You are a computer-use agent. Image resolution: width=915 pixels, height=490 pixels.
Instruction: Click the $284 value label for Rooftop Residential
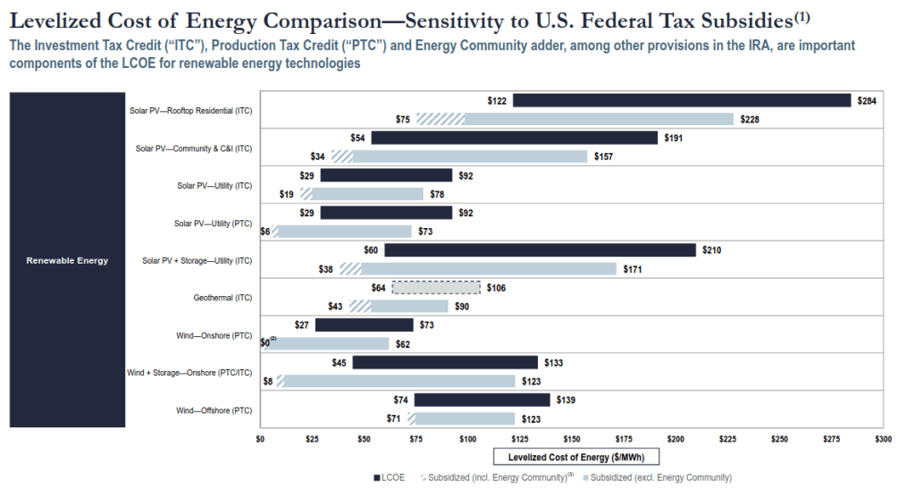tap(867, 101)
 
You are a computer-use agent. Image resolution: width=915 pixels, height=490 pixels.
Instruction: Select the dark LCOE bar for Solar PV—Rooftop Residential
tap(681, 100)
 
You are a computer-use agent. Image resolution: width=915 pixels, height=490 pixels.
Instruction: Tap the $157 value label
tap(605, 156)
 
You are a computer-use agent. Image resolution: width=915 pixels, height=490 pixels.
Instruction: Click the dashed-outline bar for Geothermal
tap(436, 288)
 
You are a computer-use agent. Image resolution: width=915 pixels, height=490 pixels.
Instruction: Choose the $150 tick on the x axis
tap(572, 440)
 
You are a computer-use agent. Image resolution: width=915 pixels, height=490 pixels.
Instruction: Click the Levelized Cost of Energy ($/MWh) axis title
tap(572, 458)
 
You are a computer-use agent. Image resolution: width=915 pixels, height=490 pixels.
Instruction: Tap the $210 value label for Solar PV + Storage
tap(713, 250)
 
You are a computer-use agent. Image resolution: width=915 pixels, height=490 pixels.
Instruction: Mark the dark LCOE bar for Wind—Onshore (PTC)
tap(365, 325)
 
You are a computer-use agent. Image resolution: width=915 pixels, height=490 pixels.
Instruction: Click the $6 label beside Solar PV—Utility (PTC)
tap(264, 232)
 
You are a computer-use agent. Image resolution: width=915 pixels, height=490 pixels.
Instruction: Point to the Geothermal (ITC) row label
tap(222, 298)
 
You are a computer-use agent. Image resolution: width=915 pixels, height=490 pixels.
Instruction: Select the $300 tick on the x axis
tap(884, 440)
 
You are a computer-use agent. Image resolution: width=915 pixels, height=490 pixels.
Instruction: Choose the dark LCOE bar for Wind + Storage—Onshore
tap(445, 363)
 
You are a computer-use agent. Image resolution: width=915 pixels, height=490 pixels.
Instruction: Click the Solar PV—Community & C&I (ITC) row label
tap(194, 148)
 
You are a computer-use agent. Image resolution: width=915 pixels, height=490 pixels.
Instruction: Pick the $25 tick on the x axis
tap(313, 440)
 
